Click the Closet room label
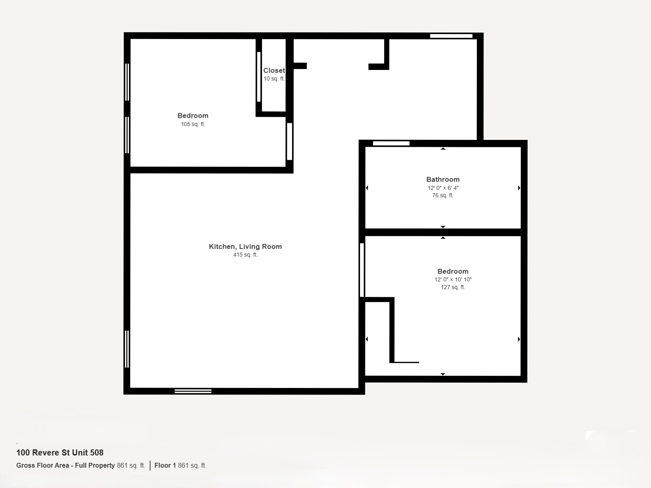(274, 70)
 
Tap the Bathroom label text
(443, 180)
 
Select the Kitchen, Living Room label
(245, 246)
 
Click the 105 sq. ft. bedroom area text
(193, 124)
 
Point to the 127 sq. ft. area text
(453, 287)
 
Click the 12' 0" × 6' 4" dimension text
(443, 188)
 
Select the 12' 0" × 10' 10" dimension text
(453, 279)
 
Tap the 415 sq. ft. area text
(245, 255)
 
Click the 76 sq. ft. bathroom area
(443, 195)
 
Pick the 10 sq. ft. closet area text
(274, 78)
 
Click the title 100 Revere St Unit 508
(60, 453)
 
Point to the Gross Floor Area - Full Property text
(66, 465)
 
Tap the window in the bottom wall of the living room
(193, 391)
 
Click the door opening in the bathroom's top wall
(391, 144)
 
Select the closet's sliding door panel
(259, 77)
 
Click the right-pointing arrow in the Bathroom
(519, 188)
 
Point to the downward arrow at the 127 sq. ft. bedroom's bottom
(443, 374)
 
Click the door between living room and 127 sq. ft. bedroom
(362, 270)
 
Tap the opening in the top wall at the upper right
(451, 36)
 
